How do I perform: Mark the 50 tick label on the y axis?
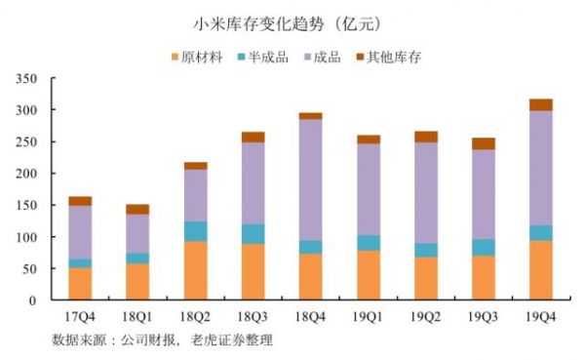[x=30, y=268]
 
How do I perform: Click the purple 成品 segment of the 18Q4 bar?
[x=311, y=180]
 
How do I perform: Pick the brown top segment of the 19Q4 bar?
[x=540, y=104]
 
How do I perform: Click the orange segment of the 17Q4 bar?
[x=80, y=284]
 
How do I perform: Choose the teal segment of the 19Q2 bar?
[x=426, y=250]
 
